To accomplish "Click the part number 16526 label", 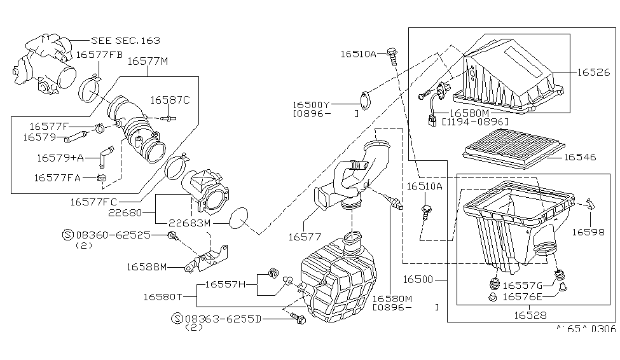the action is [593, 73].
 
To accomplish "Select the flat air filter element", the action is [514, 149].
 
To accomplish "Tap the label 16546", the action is [580, 158].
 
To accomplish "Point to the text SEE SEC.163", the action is [126, 40].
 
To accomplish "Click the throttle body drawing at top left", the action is [43, 64].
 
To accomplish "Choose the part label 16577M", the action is [148, 61].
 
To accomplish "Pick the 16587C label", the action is [170, 100].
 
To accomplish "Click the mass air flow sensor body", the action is [205, 192].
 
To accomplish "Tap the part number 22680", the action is [125, 213].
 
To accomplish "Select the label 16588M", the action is [147, 267].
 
